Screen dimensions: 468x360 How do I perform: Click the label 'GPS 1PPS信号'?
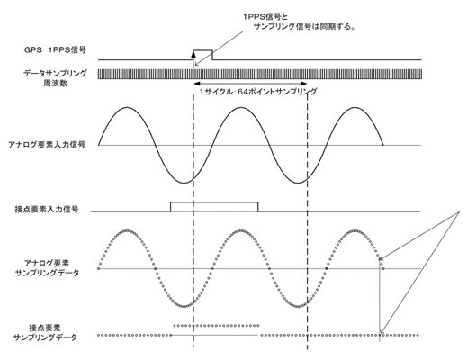coord(55,49)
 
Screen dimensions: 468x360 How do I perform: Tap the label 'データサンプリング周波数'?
coord(55,78)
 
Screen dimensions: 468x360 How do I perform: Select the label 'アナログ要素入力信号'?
coord(47,145)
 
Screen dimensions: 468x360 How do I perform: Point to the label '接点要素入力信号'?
coord(47,209)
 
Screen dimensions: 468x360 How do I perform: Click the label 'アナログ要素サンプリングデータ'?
coord(47,268)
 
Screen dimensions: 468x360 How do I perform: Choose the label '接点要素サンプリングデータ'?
coord(45,332)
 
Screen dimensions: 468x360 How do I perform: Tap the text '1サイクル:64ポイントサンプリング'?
coord(258,92)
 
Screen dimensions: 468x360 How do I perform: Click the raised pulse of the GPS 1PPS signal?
coord(202,50)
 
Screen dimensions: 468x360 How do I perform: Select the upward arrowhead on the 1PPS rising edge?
coord(193,54)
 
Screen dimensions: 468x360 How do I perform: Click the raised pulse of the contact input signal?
coord(214,202)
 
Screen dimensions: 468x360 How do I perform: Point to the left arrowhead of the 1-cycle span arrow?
coord(197,84)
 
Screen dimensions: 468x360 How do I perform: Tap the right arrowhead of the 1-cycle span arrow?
coord(304,84)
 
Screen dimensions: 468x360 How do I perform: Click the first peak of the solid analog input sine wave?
coord(127,107)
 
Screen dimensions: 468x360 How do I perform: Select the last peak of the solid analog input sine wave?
coord(355,107)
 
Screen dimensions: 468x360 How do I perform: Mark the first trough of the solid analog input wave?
coord(184,183)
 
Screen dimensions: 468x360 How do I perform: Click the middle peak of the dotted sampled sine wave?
coord(241,230)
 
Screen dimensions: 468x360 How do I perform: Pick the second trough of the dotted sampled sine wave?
coord(298,306)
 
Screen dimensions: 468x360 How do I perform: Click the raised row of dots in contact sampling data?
coord(216,325)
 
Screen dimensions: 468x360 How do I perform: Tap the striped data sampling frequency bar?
coord(260,74)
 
